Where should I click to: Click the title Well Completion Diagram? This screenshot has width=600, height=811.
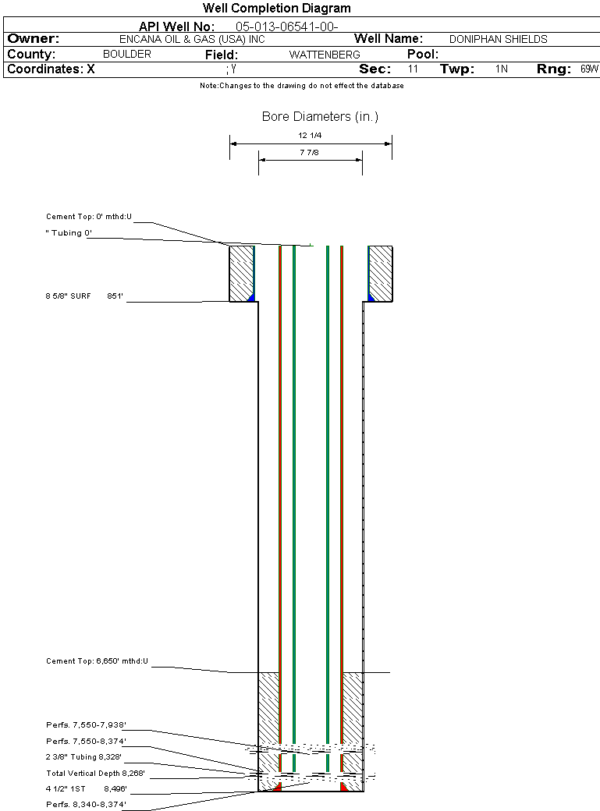pos(276,9)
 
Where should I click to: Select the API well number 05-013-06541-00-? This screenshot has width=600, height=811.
pos(287,27)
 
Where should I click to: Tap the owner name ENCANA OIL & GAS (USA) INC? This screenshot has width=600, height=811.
pos(192,39)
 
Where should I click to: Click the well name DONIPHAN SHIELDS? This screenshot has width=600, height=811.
pos(498,39)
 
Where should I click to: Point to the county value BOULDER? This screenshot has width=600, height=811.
pos(127,55)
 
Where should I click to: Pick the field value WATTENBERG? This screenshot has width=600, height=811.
pos(325,55)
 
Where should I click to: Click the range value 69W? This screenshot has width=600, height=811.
pos(589,69)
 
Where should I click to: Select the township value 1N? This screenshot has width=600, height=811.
pos(501,69)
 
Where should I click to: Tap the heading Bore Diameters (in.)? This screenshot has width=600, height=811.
pos(320,117)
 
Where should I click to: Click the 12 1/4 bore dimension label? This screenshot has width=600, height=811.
pos(310,136)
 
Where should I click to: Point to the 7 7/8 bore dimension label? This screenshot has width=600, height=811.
pos(309,153)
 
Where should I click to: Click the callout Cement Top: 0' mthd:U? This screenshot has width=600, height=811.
pos(88,217)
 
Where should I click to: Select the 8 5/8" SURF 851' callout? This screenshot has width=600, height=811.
pos(84,296)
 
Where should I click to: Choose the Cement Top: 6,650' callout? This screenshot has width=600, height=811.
pos(97,661)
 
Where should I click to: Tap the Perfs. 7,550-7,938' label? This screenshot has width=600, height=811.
pos(86,725)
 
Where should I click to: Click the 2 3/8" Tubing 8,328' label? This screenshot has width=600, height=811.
pos(83,757)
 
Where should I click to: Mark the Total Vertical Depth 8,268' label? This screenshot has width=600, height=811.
pos(95,774)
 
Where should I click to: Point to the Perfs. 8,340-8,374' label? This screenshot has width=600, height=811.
pos(86,805)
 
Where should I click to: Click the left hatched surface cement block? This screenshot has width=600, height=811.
pos(241,274)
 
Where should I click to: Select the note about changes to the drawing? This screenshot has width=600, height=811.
pos(302,86)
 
